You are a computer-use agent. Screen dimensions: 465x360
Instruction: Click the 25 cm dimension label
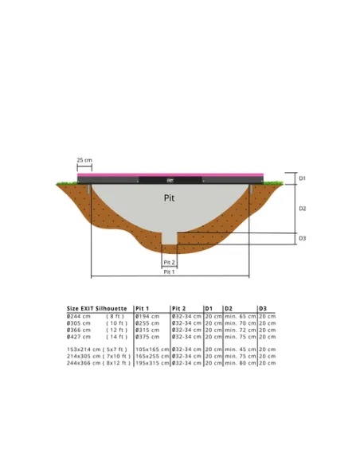point(84,160)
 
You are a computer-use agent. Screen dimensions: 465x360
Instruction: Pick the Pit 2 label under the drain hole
point(169,262)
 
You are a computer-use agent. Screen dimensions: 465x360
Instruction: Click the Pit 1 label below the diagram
point(169,272)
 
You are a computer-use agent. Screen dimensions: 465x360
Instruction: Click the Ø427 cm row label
point(78,337)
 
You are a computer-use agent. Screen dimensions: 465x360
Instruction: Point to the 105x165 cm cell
point(151,350)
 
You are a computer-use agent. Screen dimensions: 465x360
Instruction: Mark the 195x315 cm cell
point(151,363)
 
